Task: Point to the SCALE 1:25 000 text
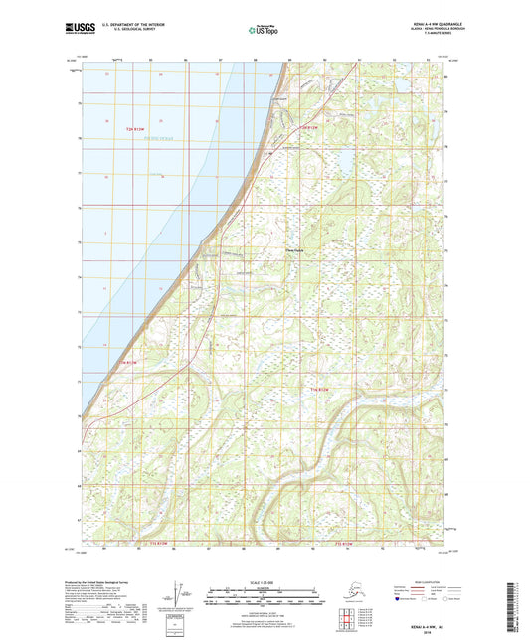[x=265, y=583]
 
